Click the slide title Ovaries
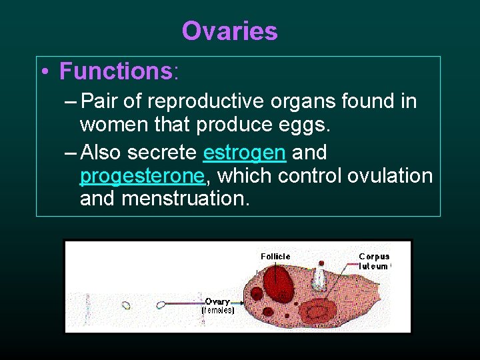click(229, 31)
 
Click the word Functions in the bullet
click(115, 70)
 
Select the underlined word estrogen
click(244, 153)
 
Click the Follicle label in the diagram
click(275, 256)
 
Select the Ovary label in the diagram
click(218, 301)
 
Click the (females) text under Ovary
click(218, 310)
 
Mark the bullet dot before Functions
click(43, 71)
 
